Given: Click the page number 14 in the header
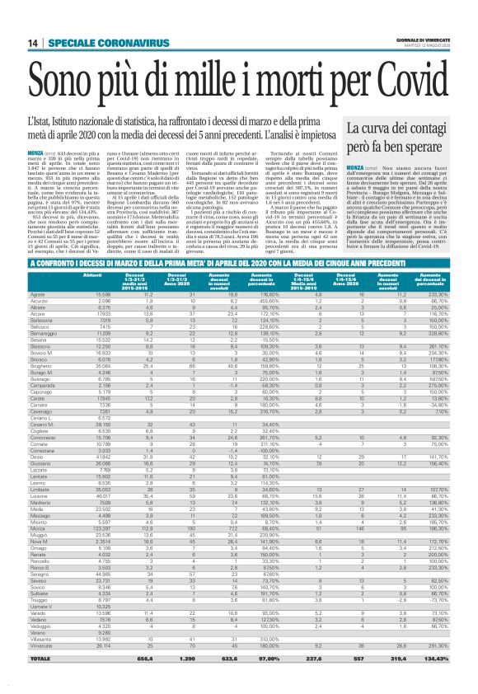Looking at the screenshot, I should point(32,43).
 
